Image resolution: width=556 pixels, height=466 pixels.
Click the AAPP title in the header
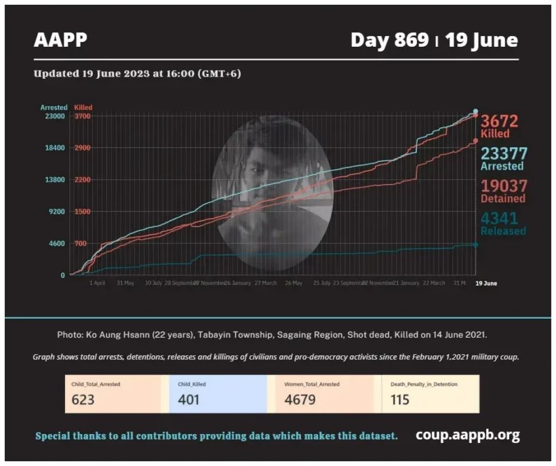click(60, 41)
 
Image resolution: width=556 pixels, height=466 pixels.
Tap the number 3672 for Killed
click(500, 121)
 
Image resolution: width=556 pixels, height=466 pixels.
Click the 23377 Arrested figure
click(504, 153)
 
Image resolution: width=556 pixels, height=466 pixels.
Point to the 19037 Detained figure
click(503, 186)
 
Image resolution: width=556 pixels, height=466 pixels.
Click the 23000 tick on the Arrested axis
click(55, 116)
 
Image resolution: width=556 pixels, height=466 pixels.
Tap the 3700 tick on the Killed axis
click(83, 116)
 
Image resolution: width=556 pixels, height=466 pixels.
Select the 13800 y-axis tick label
click(55, 180)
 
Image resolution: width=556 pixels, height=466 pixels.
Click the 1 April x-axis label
click(98, 283)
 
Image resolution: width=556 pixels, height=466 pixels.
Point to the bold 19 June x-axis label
click(486, 283)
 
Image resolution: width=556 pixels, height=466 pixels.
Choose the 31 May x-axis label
click(125, 283)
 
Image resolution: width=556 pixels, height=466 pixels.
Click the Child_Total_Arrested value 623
click(83, 400)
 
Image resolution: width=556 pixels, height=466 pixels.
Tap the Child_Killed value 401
click(188, 400)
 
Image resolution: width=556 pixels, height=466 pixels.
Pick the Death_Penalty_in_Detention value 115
click(400, 400)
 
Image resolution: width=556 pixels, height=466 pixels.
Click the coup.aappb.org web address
click(468, 435)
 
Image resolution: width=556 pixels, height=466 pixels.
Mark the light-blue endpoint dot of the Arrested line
click(475, 111)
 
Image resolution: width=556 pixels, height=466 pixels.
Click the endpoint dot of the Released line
click(475, 244)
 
